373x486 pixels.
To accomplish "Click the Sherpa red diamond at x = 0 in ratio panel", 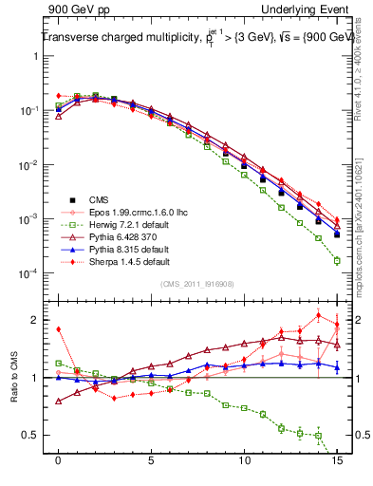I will (x=59, y=330).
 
